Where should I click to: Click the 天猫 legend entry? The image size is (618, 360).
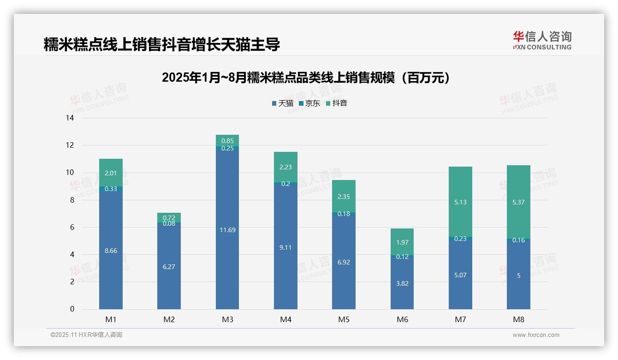(x=283, y=103)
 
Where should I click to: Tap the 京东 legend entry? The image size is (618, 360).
(x=309, y=103)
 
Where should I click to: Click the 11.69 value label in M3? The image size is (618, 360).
(x=227, y=230)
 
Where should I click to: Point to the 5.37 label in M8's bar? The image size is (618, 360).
(x=518, y=202)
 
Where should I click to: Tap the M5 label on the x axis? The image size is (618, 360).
(x=344, y=319)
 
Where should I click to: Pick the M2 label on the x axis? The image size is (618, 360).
(x=169, y=319)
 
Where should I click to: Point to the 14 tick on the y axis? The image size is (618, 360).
(x=70, y=118)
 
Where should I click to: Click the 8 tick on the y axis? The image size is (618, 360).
(x=71, y=200)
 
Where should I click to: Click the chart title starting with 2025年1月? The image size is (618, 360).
(x=306, y=78)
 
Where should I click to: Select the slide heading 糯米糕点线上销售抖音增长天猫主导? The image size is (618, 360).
(x=161, y=45)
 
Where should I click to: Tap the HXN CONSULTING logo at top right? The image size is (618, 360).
(x=542, y=41)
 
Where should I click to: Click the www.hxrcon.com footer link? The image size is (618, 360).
(x=536, y=335)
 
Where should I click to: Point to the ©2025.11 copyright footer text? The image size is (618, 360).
(x=86, y=335)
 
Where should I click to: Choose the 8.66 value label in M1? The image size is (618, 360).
(x=111, y=251)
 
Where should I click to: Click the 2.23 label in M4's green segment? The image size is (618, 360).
(x=285, y=168)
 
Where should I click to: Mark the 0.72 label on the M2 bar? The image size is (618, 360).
(x=169, y=217)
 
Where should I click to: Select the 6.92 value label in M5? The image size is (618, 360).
(x=344, y=262)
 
